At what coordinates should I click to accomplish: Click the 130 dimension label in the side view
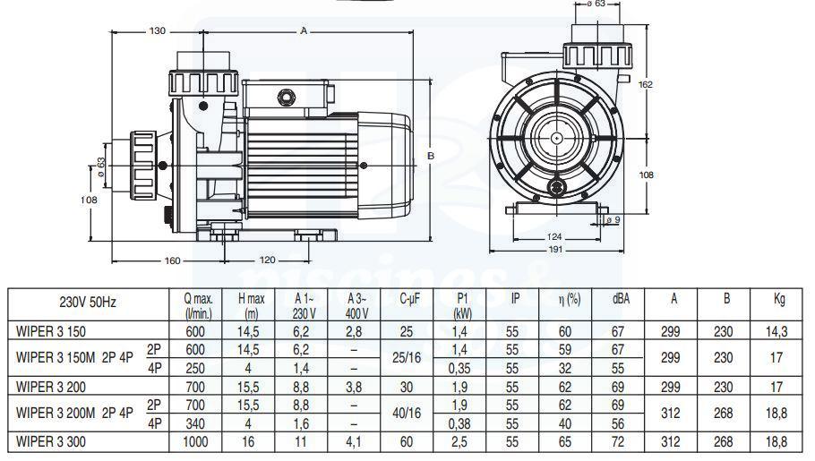(157, 31)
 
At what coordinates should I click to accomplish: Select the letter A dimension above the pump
(305, 31)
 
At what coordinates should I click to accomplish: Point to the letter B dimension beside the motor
(431, 156)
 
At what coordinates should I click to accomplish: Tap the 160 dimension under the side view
(172, 260)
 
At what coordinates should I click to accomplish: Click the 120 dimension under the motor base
(267, 260)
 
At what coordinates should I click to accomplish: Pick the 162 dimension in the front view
(645, 84)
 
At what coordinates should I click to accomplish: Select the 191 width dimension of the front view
(555, 250)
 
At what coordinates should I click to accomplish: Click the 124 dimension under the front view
(554, 237)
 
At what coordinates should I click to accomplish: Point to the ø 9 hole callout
(613, 220)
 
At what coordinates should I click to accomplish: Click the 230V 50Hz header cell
(88, 302)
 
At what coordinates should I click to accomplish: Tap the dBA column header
(621, 298)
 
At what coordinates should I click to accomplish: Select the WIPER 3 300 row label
(51, 442)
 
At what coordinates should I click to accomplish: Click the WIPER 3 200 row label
(51, 387)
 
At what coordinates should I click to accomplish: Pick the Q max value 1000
(195, 442)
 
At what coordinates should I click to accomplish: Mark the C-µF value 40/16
(407, 414)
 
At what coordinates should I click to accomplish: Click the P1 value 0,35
(459, 369)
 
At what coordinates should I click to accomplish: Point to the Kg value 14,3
(776, 331)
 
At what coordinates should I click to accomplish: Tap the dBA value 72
(617, 442)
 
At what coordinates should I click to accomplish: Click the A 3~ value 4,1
(354, 442)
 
